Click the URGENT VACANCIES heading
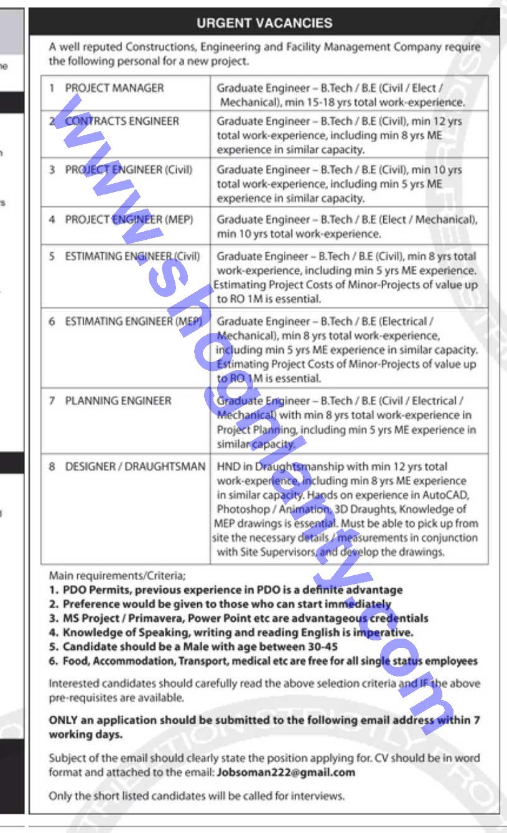(x=264, y=24)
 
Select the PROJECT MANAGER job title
(x=114, y=88)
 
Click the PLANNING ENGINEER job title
(x=118, y=401)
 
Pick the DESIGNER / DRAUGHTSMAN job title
(x=135, y=467)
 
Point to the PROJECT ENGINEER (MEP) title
(x=129, y=219)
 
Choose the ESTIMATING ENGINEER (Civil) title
(x=133, y=256)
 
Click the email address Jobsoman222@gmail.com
(x=286, y=773)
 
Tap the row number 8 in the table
(x=52, y=467)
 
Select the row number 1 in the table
(x=52, y=88)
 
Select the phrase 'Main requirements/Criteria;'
(x=117, y=576)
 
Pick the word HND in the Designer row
(x=227, y=467)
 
